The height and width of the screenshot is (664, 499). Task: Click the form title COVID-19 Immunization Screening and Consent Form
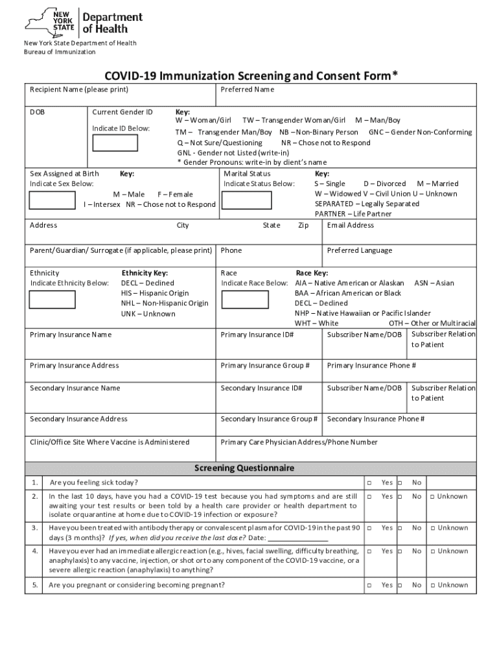point(249,77)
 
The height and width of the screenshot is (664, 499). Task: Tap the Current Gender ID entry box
point(115,143)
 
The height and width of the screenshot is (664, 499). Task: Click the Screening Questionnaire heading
point(244,468)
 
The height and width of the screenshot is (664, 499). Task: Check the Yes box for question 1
point(369,483)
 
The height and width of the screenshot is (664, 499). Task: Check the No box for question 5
point(400,586)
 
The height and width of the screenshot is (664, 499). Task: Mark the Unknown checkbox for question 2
point(433,497)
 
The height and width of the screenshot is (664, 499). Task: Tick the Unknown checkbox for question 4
point(433,551)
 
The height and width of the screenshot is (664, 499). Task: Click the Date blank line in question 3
point(297,538)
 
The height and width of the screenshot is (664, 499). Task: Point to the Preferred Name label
point(247,89)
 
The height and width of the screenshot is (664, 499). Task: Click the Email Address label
point(350,226)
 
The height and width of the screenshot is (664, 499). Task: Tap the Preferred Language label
point(359,251)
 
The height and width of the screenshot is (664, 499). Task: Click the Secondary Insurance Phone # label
point(375,420)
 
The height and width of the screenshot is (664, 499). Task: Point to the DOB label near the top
point(37,112)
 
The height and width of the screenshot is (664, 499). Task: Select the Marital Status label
point(247,174)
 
